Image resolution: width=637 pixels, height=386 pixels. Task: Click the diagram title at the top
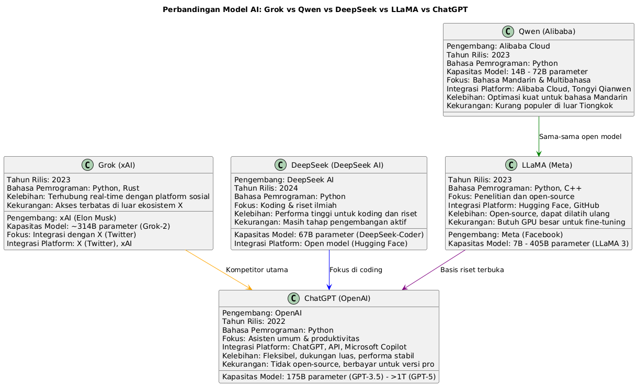(x=315, y=9)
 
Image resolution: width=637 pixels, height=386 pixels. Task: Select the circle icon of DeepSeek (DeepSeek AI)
(x=281, y=165)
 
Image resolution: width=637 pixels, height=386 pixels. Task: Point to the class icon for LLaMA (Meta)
(x=511, y=165)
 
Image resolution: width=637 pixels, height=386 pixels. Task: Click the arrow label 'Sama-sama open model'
(x=579, y=137)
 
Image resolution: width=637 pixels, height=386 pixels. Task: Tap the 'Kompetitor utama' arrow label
(x=257, y=270)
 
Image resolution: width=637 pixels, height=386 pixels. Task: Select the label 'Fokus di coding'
(x=356, y=270)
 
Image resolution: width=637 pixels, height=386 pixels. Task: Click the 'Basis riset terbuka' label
(x=472, y=270)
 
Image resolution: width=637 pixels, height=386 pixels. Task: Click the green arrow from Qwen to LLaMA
(x=539, y=136)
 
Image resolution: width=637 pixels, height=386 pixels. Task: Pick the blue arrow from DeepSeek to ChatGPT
(x=329, y=270)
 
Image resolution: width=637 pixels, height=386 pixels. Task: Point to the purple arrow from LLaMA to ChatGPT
(x=434, y=270)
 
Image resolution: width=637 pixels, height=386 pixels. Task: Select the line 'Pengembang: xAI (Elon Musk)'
(x=61, y=218)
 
